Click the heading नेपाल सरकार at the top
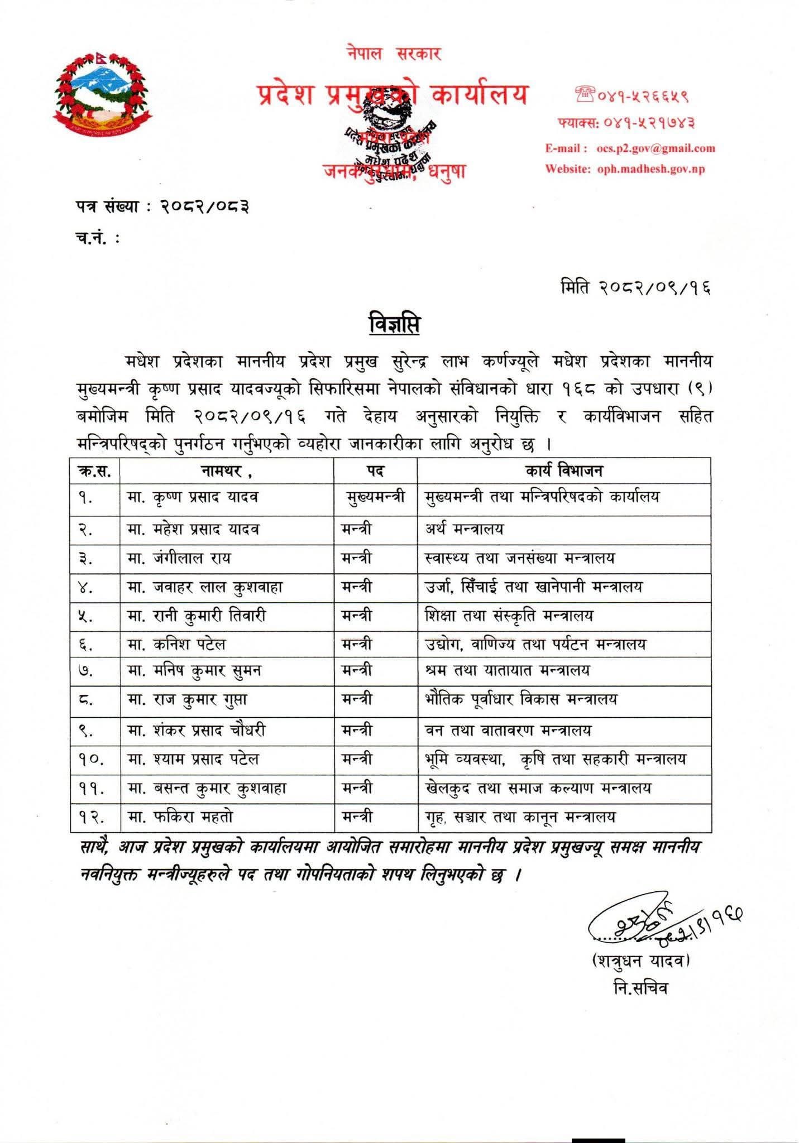(394, 54)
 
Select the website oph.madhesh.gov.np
(650, 169)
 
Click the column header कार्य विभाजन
(564, 471)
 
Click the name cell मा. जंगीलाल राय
(179, 558)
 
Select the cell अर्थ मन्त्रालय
(463, 529)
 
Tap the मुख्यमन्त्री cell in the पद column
(375, 497)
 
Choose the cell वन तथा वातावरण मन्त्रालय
(508, 730)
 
